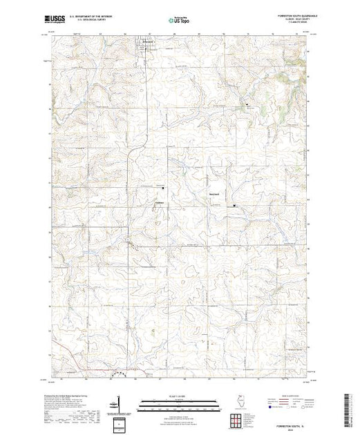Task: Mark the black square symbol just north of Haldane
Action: point(163,188)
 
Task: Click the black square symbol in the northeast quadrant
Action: point(247,105)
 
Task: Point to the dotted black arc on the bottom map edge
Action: point(120,374)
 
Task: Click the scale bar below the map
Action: point(179,401)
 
